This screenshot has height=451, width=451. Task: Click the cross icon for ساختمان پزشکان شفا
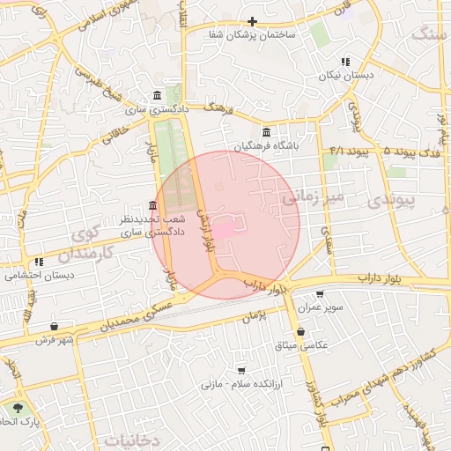252,21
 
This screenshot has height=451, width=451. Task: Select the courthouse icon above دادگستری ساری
157,95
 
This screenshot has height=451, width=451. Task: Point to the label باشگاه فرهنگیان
267,144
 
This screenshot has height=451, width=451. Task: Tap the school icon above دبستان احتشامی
38,262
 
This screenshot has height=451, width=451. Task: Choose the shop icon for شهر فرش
55,326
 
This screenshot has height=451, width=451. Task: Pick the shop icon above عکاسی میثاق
302,331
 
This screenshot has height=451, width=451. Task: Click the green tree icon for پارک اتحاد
17,408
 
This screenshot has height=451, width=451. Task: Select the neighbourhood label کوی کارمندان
81,246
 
